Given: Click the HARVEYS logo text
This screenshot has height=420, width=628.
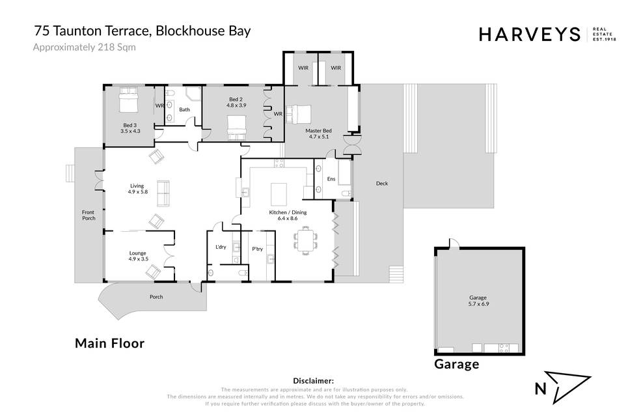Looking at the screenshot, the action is coord(530,35).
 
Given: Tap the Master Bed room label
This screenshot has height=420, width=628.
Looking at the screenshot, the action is coord(318,133).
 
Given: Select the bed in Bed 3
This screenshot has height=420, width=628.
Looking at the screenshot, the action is coord(129,100).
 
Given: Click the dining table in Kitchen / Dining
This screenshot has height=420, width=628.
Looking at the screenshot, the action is coord(306,240).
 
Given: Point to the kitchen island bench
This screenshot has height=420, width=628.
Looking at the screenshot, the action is coord(279,194).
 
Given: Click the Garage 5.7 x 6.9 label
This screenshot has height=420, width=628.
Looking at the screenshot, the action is coord(478,301).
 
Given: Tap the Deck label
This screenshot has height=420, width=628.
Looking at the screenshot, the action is coord(382,183).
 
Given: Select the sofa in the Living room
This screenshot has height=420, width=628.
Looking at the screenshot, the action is coord(163,193).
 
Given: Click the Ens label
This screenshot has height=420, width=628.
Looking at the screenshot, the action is coord(331,178).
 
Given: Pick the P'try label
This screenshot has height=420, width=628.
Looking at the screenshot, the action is coord(257,249).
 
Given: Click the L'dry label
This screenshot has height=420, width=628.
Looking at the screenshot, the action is coord(221,247).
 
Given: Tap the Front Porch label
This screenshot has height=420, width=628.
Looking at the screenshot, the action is coord(89,216).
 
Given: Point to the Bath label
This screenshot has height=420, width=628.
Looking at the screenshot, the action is coord(184,109).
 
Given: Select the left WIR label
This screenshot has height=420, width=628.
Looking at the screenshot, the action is coord(303,68).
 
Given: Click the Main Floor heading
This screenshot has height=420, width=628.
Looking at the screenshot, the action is coord(110,343).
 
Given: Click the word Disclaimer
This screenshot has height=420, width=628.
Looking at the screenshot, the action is coord(313,381).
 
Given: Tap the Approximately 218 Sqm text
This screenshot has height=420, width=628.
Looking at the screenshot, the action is coord(84,48).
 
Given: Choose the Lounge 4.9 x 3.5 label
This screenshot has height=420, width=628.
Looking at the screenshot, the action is coord(138,256).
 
